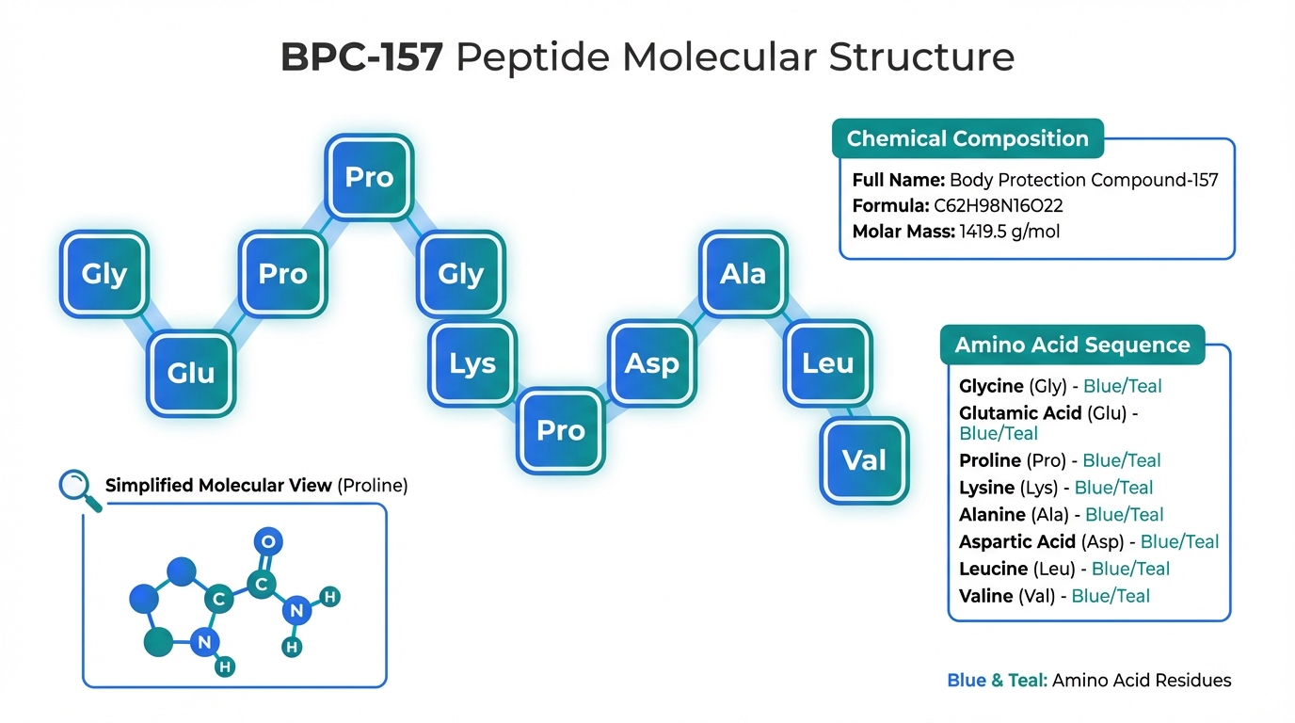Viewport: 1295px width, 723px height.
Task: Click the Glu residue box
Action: pos(191,373)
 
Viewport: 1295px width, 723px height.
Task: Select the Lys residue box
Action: pos(472,363)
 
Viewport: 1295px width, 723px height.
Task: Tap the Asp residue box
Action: pos(651,363)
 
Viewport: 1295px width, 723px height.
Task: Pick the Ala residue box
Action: pos(743,274)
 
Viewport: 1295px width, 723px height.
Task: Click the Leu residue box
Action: pos(828,363)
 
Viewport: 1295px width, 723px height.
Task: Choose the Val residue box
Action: pos(864,460)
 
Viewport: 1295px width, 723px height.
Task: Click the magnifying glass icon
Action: pos(77,488)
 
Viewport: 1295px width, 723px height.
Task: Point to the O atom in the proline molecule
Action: pos(269,541)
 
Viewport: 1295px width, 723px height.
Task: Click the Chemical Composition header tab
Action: pos(967,139)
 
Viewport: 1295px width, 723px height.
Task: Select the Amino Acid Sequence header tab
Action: pos(1072,345)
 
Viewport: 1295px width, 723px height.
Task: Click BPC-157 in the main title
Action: pos(361,58)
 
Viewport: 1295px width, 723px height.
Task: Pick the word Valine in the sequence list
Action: pos(986,596)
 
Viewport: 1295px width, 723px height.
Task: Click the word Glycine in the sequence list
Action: pos(991,386)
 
